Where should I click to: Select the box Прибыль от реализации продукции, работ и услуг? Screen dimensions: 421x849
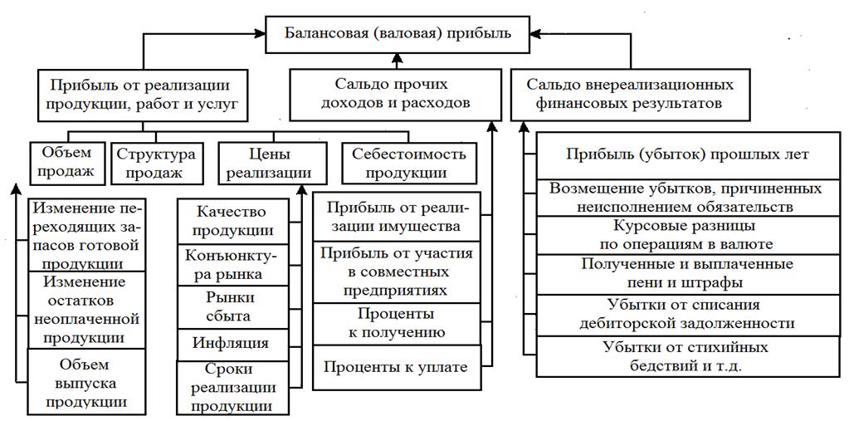(144, 94)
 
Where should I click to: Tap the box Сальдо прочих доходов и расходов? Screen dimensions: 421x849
(396, 94)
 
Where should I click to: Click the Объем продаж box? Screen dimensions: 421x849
(66, 163)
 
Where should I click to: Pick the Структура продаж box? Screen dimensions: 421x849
(156, 163)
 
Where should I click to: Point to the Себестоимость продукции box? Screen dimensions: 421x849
(409, 163)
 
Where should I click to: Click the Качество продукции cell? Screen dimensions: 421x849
(235, 220)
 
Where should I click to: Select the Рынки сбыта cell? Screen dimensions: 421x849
(235, 306)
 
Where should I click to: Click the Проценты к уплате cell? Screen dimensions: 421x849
(396, 367)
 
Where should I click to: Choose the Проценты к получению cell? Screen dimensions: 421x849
(396, 323)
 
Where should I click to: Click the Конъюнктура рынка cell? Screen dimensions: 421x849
(235, 263)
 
